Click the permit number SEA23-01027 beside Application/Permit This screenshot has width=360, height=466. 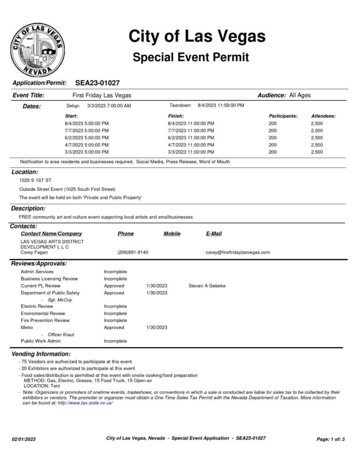(97, 83)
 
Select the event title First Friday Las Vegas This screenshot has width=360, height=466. (102, 95)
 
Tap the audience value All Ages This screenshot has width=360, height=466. (300, 95)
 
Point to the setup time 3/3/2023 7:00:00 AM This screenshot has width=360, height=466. (109, 106)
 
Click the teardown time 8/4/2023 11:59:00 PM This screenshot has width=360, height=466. (221, 105)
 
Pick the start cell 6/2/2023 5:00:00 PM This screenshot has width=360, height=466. (87, 138)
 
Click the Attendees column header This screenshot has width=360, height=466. (323, 116)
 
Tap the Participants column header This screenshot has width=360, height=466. (283, 116)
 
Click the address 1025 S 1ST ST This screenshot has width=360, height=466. (35, 180)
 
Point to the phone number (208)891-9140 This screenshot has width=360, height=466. (133, 252)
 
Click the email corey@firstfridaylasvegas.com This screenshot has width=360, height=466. (238, 252)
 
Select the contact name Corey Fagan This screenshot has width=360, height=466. (34, 252)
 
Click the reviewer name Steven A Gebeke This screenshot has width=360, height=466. (207, 286)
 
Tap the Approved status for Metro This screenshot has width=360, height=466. (114, 327)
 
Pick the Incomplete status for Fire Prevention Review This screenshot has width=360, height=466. (115, 320)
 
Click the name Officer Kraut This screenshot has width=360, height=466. (61, 334)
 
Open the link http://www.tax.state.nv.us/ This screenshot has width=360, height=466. (85, 403)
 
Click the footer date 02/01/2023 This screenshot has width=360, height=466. (23, 439)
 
